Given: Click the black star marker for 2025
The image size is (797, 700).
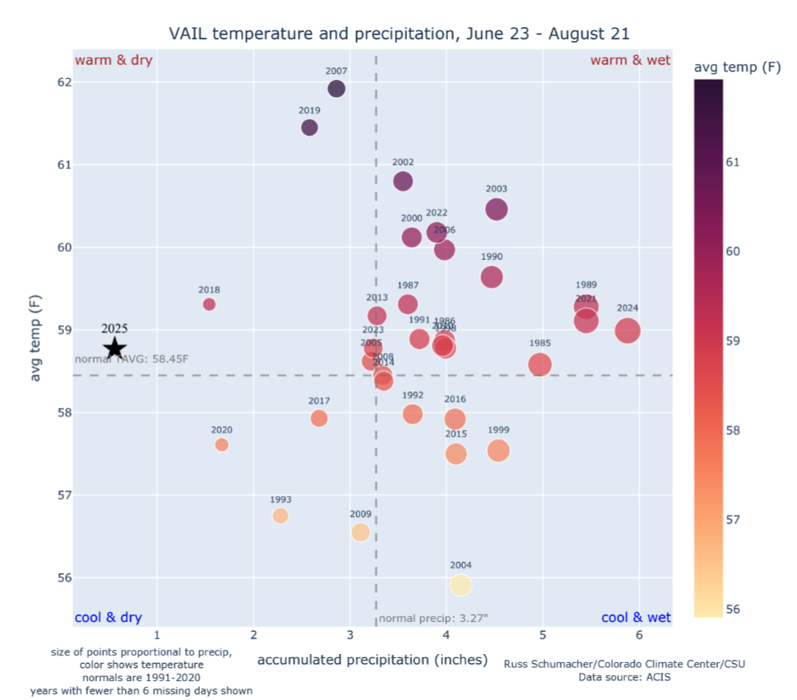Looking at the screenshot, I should tap(115, 349).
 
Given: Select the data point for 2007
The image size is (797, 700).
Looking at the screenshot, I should tap(336, 89).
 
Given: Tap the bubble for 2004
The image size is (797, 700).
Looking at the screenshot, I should tap(461, 585).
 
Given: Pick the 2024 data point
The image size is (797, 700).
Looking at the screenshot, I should tap(628, 331).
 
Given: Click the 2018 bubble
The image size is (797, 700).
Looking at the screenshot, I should tap(209, 304).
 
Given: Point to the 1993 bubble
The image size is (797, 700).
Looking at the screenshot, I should tap(280, 516).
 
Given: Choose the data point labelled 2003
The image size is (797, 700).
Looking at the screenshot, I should tap(497, 210).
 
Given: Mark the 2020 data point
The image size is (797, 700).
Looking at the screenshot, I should tap(221, 445).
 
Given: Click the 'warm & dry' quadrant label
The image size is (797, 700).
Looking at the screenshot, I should tap(114, 61).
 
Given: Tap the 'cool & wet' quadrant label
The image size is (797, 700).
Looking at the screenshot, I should tap(636, 618).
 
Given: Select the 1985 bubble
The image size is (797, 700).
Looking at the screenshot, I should tap(540, 364).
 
